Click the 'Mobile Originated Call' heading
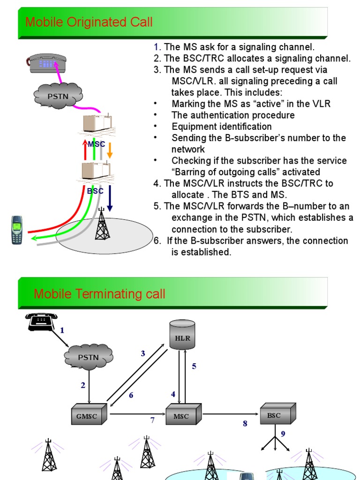(x=89, y=22)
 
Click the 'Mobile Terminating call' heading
(x=99, y=294)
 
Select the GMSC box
(x=89, y=415)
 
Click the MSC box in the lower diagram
(x=183, y=415)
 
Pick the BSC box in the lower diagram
(x=277, y=414)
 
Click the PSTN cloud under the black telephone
(x=88, y=357)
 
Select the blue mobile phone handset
(x=17, y=230)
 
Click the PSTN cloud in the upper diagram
(x=58, y=97)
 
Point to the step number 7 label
(x=152, y=420)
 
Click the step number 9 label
(x=283, y=434)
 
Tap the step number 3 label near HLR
(x=143, y=353)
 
